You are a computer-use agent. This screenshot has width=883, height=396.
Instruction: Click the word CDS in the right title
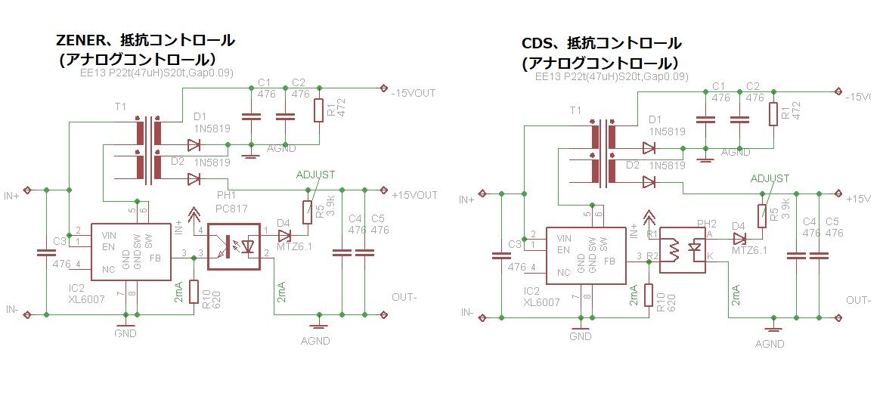tap(538, 43)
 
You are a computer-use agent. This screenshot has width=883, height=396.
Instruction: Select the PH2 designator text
tap(706, 224)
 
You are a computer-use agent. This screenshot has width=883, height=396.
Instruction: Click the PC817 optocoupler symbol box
tap(234, 246)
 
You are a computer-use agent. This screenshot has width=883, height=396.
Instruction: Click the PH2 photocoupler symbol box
tap(683, 249)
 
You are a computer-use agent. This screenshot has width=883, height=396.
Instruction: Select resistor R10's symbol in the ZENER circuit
tap(194, 292)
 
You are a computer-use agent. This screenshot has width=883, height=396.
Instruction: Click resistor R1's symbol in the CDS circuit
tap(773, 114)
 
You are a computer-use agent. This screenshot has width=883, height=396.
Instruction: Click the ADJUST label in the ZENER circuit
tap(315, 174)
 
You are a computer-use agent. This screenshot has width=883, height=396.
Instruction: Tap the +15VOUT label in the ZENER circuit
tap(414, 195)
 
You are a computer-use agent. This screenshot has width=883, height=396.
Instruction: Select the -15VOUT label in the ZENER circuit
tap(414, 93)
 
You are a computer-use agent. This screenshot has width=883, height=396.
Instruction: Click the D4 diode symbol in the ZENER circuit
tap(284, 234)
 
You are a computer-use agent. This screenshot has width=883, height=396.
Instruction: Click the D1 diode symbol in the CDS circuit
tap(648, 148)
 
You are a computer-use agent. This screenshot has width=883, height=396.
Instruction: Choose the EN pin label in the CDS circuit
tap(562, 249)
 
